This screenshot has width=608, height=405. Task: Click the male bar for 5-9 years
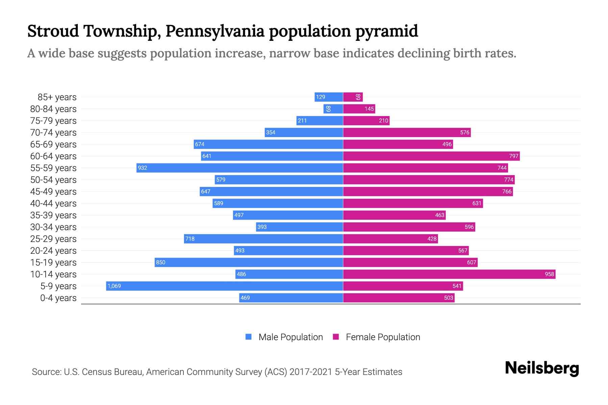pyautogui.click(x=225, y=286)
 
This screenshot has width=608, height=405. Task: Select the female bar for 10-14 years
pyautogui.click(x=449, y=274)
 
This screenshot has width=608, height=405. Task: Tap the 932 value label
pyautogui.click(x=143, y=168)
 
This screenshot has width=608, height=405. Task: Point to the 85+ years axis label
pyautogui.click(x=57, y=97)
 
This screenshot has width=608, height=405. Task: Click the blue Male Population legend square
pyautogui.click(x=249, y=337)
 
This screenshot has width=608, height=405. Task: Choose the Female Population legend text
pyautogui.click(x=383, y=337)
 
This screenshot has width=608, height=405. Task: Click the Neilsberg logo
pyautogui.click(x=542, y=368)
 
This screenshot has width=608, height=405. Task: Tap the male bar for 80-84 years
pyautogui.click(x=333, y=109)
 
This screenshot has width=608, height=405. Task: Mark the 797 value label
pyautogui.click(x=513, y=156)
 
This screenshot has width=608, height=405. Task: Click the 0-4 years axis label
pyautogui.click(x=58, y=298)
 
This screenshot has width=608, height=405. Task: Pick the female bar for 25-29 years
pyautogui.click(x=390, y=239)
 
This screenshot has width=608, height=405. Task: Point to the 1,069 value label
pyautogui.click(x=114, y=286)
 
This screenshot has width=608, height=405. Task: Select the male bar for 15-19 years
pyautogui.click(x=249, y=262)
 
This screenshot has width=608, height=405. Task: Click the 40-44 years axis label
pyautogui.click(x=53, y=204)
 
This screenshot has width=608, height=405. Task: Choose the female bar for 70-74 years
pyautogui.click(x=407, y=132)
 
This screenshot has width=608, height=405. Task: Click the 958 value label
pyautogui.click(x=549, y=274)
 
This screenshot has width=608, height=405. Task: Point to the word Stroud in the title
pyautogui.click(x=53, y=31)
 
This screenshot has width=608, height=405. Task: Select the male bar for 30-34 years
pyautogui.click(x=300, y=227)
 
